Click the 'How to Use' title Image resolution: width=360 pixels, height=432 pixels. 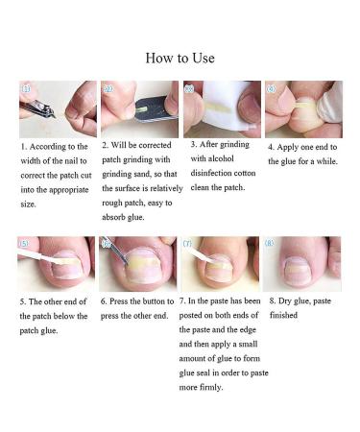(x=180, y=58)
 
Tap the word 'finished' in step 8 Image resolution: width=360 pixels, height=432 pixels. (x=284, y=315)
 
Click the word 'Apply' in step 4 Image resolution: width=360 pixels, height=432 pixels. (x=291, y=147)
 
